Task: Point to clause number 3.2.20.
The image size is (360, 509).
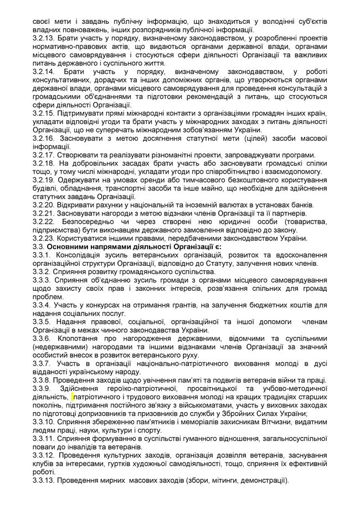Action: pos(44,205)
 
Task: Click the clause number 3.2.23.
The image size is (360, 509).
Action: pos(44,238)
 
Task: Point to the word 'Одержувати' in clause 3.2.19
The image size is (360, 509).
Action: pos(82,180)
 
